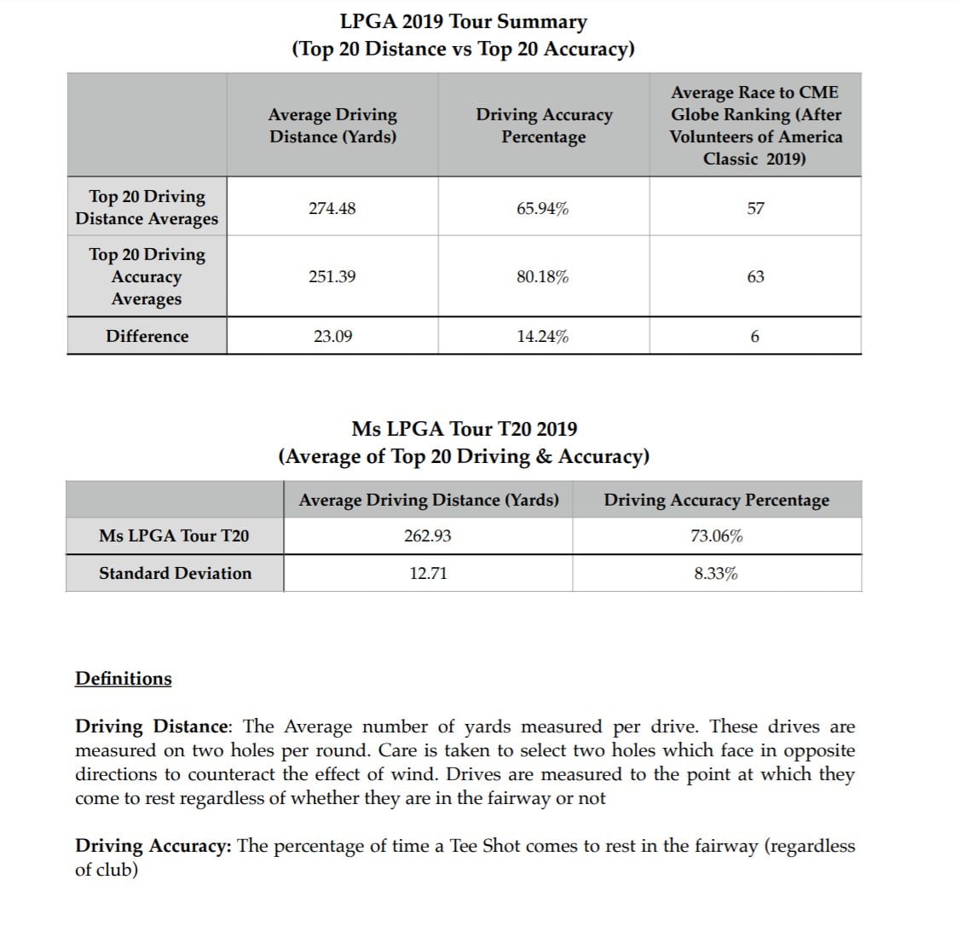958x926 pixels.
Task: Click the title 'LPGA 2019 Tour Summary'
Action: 463,21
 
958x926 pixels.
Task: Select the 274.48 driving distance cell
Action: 332,208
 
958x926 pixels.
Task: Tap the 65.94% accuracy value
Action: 543,208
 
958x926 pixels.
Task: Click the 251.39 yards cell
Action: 332,276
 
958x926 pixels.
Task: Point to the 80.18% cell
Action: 543,276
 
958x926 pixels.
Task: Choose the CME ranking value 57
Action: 755,208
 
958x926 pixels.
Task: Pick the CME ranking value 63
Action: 755,276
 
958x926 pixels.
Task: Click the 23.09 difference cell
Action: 332,336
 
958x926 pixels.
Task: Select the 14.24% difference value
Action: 543,336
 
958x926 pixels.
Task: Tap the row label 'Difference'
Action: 147,336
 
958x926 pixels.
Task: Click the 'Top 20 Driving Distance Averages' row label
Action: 147,207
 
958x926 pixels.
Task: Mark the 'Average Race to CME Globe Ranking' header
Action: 755,125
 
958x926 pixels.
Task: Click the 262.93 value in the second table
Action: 428,535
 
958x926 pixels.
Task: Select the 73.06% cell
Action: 716,535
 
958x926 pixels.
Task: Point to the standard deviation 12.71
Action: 428,573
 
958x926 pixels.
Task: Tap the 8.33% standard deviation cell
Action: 716,573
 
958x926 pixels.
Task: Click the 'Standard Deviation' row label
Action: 176,573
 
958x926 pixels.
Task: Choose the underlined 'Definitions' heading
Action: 124,679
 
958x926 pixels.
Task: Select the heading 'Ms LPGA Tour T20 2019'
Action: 464,429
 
